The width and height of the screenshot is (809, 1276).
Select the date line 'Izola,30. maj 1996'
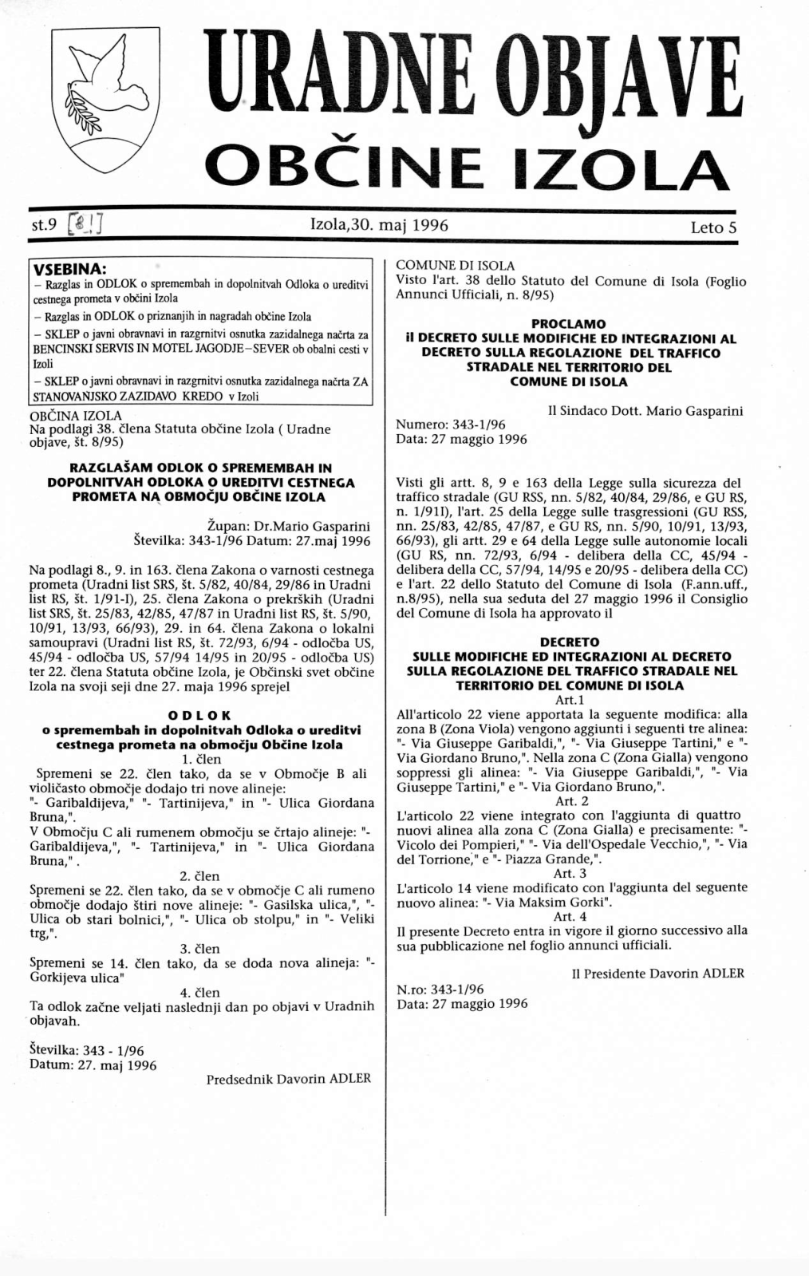coord(379,226)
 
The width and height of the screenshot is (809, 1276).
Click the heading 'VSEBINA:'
coord(73,268)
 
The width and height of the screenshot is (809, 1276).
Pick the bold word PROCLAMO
coord(568,324)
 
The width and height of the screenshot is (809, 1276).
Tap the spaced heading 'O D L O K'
coord(200,716)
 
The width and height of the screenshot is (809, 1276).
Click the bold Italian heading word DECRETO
coord(569,642)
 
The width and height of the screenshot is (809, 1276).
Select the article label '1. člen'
coord(201,759)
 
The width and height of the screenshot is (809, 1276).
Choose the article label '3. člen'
coord(200,949)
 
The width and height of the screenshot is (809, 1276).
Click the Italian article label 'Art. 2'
coord(571,800)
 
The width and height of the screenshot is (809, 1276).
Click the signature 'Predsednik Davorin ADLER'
coord(288,1079)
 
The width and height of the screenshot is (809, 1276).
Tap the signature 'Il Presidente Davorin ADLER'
coord(658,974)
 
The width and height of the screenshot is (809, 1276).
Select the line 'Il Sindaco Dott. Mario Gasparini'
coord(645,412)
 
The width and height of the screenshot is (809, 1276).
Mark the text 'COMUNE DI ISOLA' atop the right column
coord(456,266)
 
